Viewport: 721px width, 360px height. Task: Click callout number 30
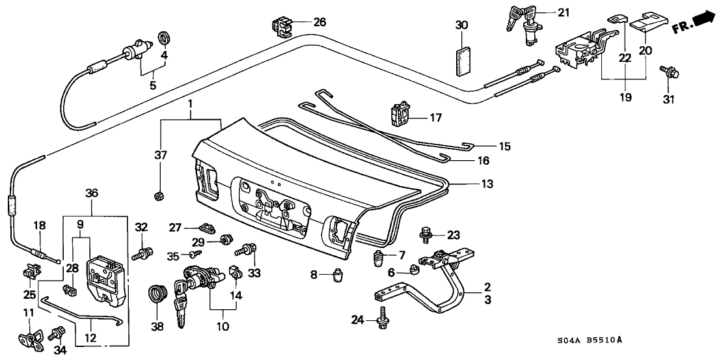(x=461, y=25)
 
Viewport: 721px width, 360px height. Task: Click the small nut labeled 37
(x=159, y=195)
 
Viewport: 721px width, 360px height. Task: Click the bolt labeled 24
(x=382, y=318)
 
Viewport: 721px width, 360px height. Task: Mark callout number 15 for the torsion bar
(x=504, y=145)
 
